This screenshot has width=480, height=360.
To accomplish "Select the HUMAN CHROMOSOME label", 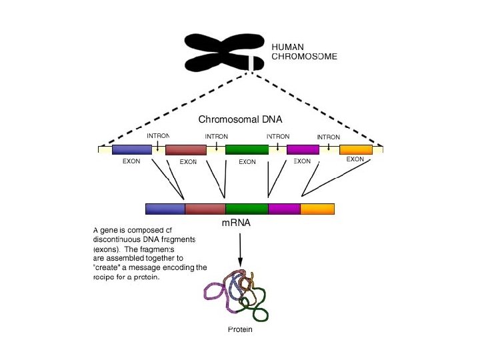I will pyautogui.click(x=304, y=52).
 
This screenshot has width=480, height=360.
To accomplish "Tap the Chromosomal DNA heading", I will pyautogui.click(x=240, y=119).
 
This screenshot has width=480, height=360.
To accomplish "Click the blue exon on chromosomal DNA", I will pyautogui.click(x=132, y=149).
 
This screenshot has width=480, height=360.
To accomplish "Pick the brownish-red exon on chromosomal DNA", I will pyautogui.click(x=186, y=150).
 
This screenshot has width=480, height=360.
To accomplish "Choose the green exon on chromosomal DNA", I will pyautogui.click(x=247, y=149).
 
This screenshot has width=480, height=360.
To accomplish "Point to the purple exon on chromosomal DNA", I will pyautogui.click(x=303, y=149).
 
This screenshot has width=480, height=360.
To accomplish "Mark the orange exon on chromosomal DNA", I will pyautogui.click(x=355, y=149).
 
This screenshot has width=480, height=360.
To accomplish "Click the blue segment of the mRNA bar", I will pyautogui.click(x=165, y=209).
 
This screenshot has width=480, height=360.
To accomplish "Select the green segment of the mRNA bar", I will pyautogui.click(x=247, y=209).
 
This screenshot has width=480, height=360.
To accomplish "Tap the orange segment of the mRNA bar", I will pyautogui.click(x=317, y=209).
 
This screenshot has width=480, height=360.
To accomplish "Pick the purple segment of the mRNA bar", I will pyautogui.click(x=284, y=209).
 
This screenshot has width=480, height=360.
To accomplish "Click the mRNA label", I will pyautogui.click(x=236, y=223).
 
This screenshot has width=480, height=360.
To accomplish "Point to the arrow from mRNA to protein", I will pyautogui.click(x=239, y=250).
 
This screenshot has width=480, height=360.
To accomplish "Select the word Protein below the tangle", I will pyautogui.click(x=240, y=330).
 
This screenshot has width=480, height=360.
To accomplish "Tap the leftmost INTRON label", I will pyautogui.click(x=158, y=137).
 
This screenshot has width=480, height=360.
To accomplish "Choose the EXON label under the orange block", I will pyautogui.click(x=355, y=159).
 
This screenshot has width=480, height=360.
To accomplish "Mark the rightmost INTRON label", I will pyautogui.click(x=328, y=137).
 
